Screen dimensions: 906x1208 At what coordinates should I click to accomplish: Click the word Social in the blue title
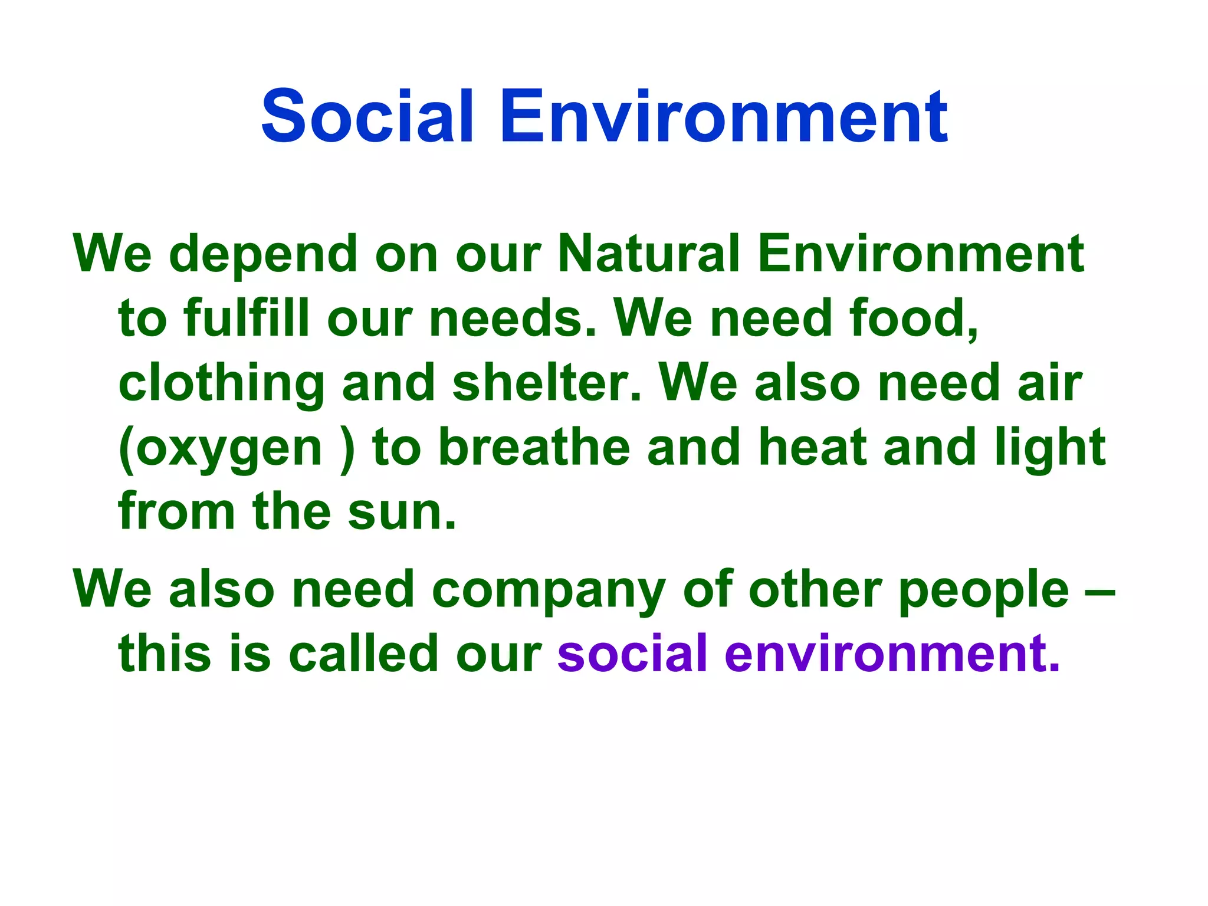point(367,116)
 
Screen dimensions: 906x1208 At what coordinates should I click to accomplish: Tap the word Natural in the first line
point(648,254)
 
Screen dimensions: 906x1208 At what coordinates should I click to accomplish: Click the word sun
point(401,512)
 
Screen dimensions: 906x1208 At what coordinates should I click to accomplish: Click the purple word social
point(632,653)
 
